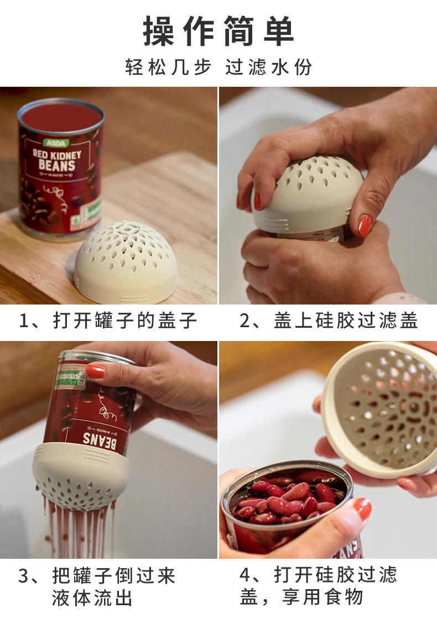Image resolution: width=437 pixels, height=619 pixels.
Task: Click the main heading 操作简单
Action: point(218,32)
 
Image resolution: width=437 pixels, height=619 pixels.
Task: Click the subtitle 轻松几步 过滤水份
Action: point(218,67)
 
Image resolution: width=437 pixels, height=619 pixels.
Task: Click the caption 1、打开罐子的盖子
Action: point(108,321)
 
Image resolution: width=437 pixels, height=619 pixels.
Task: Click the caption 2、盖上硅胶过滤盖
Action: point(329,321)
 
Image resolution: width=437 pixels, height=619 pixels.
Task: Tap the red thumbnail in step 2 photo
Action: point(363,225)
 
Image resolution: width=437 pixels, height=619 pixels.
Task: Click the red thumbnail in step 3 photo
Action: point(95,370)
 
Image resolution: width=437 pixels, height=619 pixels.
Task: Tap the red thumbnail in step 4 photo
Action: point(363,508)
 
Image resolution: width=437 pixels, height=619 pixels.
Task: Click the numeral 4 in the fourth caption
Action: point(245,575)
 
